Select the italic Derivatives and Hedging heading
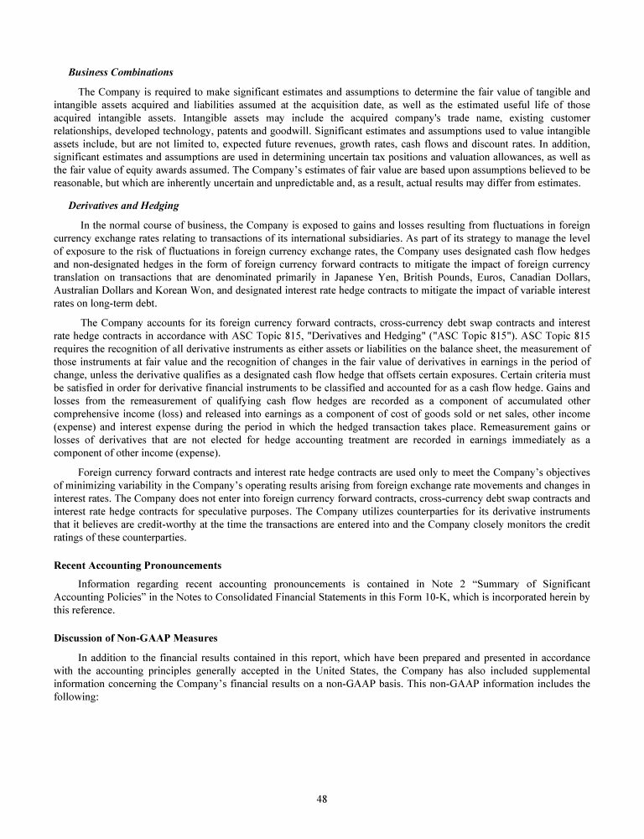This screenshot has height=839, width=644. click(x=123, y=206)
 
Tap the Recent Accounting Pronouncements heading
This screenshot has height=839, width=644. click(x=138, y=565)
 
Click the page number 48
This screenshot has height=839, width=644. click(x=322, y=799)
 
